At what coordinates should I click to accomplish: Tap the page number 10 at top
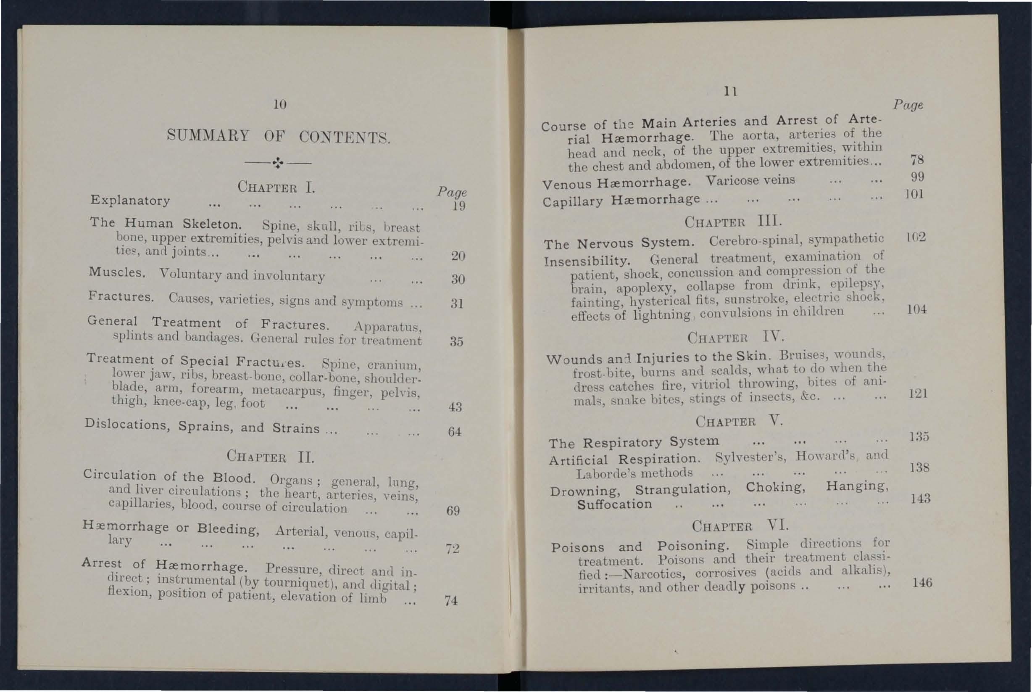[279, 105]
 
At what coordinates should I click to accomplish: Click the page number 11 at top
[730, 91]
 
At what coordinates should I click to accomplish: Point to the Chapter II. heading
[270, 456]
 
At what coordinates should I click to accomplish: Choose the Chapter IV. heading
[736, 338]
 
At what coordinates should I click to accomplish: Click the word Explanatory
[130, 201]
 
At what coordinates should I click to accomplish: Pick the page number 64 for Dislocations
[454, 431]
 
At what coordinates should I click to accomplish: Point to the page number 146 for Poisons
[922, 583]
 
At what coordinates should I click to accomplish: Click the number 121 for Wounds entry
[918, 393]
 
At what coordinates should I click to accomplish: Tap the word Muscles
[117, 272]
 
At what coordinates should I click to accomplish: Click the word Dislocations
[127, 425]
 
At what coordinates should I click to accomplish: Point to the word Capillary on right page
[572, 202]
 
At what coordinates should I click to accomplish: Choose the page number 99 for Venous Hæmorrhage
[917, 177]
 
